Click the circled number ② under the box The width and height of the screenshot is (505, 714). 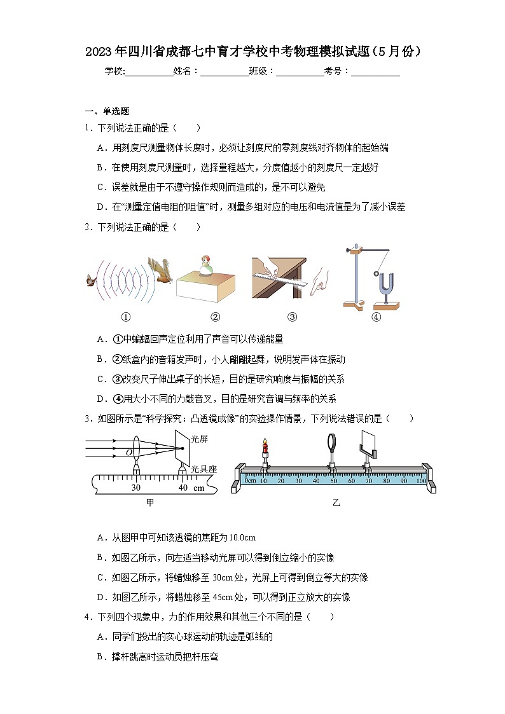pos(215,317)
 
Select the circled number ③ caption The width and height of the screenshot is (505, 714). pos(293,317)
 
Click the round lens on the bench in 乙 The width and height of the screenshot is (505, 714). pos(333,441)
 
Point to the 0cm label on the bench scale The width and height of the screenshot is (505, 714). pos(250,481)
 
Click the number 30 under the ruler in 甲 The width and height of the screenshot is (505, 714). pos(135,488)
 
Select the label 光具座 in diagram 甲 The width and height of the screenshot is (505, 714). pos(204,469)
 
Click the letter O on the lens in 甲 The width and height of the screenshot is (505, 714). pos(128,453)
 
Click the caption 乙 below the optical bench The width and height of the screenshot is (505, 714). pos(336,502)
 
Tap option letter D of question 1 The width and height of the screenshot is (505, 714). pos(100,207)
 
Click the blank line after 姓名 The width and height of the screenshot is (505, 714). pos(225,72)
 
